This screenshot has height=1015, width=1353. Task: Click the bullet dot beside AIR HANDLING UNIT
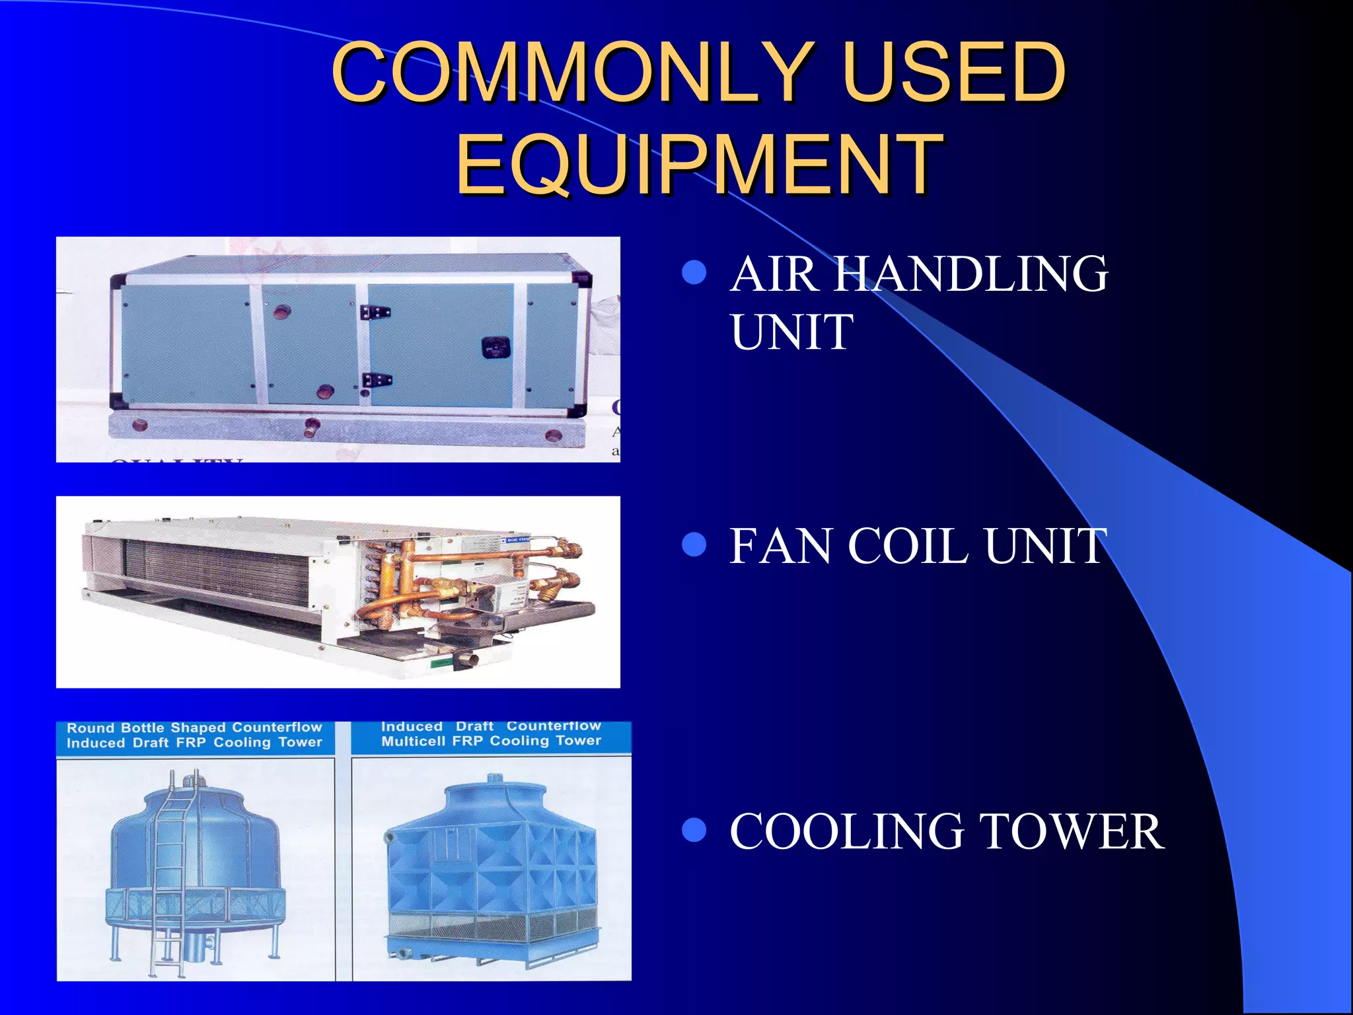click(x=694, y=272)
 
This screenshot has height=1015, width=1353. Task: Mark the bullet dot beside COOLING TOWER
click(x=694, y=830)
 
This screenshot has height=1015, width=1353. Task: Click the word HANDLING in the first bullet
click(x=970, y=274)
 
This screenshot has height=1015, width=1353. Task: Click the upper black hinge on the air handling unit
click(x=375, y=312)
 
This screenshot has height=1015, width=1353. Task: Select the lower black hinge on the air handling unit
click(x=376, y=381)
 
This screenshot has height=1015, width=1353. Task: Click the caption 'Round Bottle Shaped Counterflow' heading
click(x=194, y=728)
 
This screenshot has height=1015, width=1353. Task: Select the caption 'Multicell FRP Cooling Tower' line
click(x=491, y=741)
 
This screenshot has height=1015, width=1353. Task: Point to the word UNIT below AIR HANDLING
click(x=791, y=332)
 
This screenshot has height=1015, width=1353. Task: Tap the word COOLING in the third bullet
click(x=846, y=831)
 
